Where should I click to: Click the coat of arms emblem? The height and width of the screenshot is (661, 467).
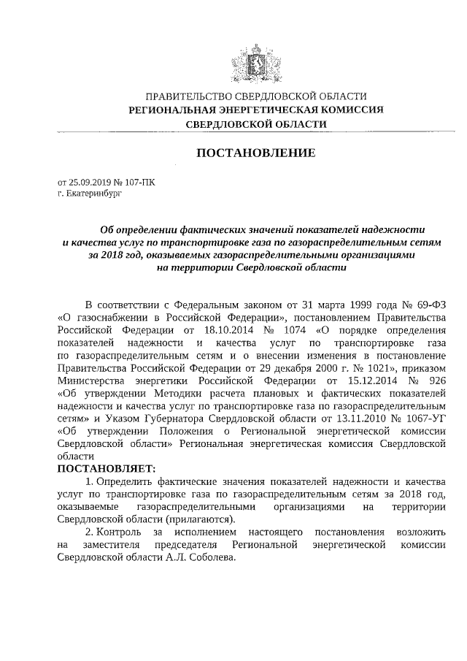(x=256, y=61)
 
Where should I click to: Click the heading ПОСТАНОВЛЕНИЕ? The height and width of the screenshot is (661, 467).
(x=256, y=153)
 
